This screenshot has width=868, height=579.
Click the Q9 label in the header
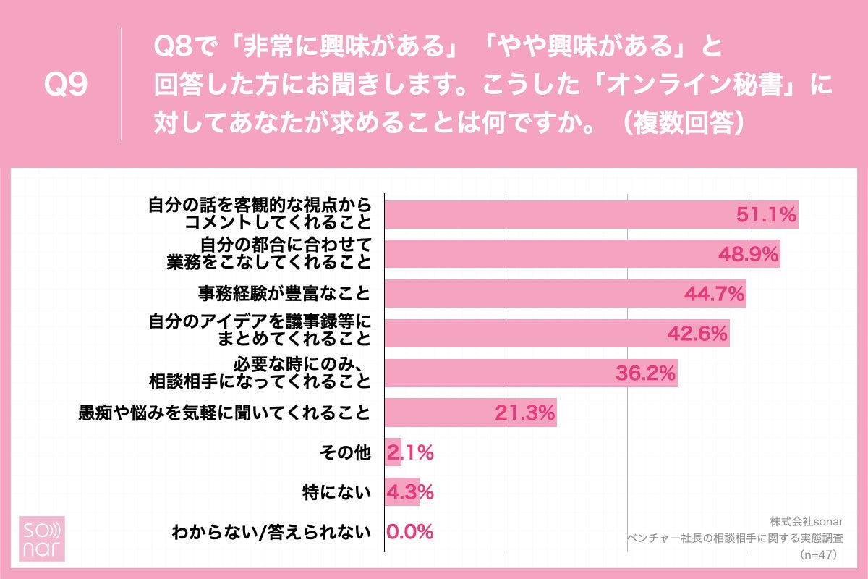(x=66, y=85)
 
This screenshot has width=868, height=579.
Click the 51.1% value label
(x=766, y=214)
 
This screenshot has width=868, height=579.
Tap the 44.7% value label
(x=715, y=293)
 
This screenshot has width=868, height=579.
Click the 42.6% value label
(x=697, y=333)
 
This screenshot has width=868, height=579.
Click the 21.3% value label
(x=525, y=413)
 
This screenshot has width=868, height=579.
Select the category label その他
(x=345, y=453)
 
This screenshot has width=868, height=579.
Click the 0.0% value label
(x=410, y=533)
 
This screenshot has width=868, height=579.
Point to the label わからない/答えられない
(x=271, y=533)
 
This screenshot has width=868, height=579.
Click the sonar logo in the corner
(x=41, y=539)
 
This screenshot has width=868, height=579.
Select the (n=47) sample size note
(x=818, y=554)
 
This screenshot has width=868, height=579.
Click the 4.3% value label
(x=410, y=493)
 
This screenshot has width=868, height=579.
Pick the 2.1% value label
(x=410, y=453)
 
